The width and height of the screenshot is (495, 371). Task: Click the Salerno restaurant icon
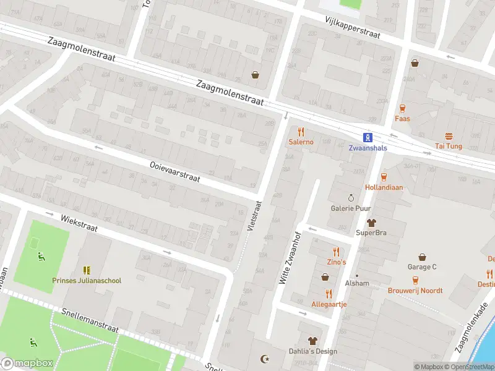pos(301,132)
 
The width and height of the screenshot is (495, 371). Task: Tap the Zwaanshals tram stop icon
pos(368,138)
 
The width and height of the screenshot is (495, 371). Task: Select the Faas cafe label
pos(402,118)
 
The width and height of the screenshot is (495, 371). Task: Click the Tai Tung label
pos(449,147)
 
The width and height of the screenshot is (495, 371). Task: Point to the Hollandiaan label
pos(384,187)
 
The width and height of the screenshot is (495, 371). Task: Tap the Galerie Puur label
pos(350,208)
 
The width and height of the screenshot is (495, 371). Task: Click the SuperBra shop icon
pos(371,223)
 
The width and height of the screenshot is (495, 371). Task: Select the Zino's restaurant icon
pos(337,252)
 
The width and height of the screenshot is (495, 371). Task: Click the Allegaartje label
pos(329,304)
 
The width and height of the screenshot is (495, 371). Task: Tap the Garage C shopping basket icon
pos(422,257)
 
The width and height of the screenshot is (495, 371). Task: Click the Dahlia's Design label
pos(314,351)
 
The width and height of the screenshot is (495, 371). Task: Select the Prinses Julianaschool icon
pos(87,270)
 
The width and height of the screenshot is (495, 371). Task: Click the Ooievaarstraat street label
pos(175,171)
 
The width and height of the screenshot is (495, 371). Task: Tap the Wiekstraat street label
pos(79,223)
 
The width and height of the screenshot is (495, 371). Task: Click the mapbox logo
pos(26,363)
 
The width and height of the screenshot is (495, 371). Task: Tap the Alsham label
pos(357,283)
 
